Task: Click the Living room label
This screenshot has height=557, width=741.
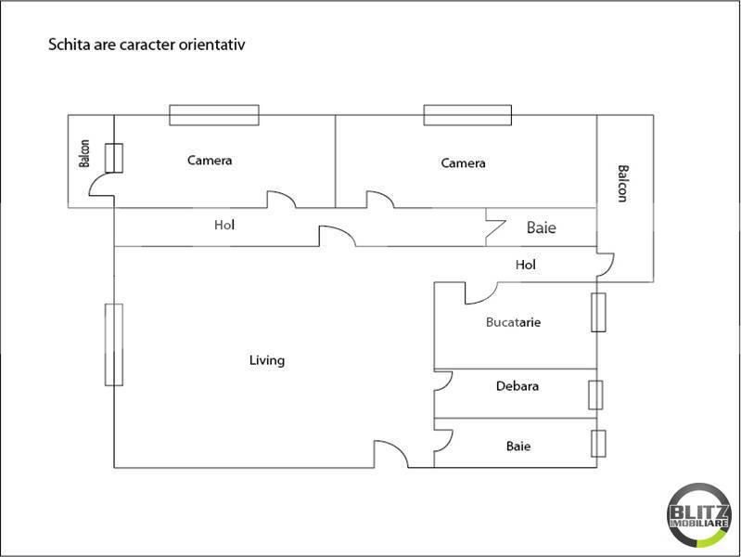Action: click(x=267, y=360)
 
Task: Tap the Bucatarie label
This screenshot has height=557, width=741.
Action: click(x=513, y=323)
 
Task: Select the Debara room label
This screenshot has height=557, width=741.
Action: click(x=517, y=386)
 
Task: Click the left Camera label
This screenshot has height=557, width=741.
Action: click(x=210, y=161)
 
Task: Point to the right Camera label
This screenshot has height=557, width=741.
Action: click(x=463, y=163)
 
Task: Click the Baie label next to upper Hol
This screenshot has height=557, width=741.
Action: click(x=542, y=227)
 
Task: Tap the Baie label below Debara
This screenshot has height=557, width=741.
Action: click(x=518, y=447)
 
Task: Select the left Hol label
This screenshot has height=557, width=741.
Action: click(x=224, y=225)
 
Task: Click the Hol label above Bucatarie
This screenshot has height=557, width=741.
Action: click(x=526, y=266)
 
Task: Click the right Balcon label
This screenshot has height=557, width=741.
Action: click(x=622, y=183)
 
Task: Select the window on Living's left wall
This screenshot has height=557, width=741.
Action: click(x=114, y=345)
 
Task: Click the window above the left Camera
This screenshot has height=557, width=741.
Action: click(x=213, y=114)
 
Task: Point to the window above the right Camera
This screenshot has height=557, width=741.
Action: click(x=467, y=114)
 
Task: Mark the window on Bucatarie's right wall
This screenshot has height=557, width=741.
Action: click(x=598, y=312)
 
